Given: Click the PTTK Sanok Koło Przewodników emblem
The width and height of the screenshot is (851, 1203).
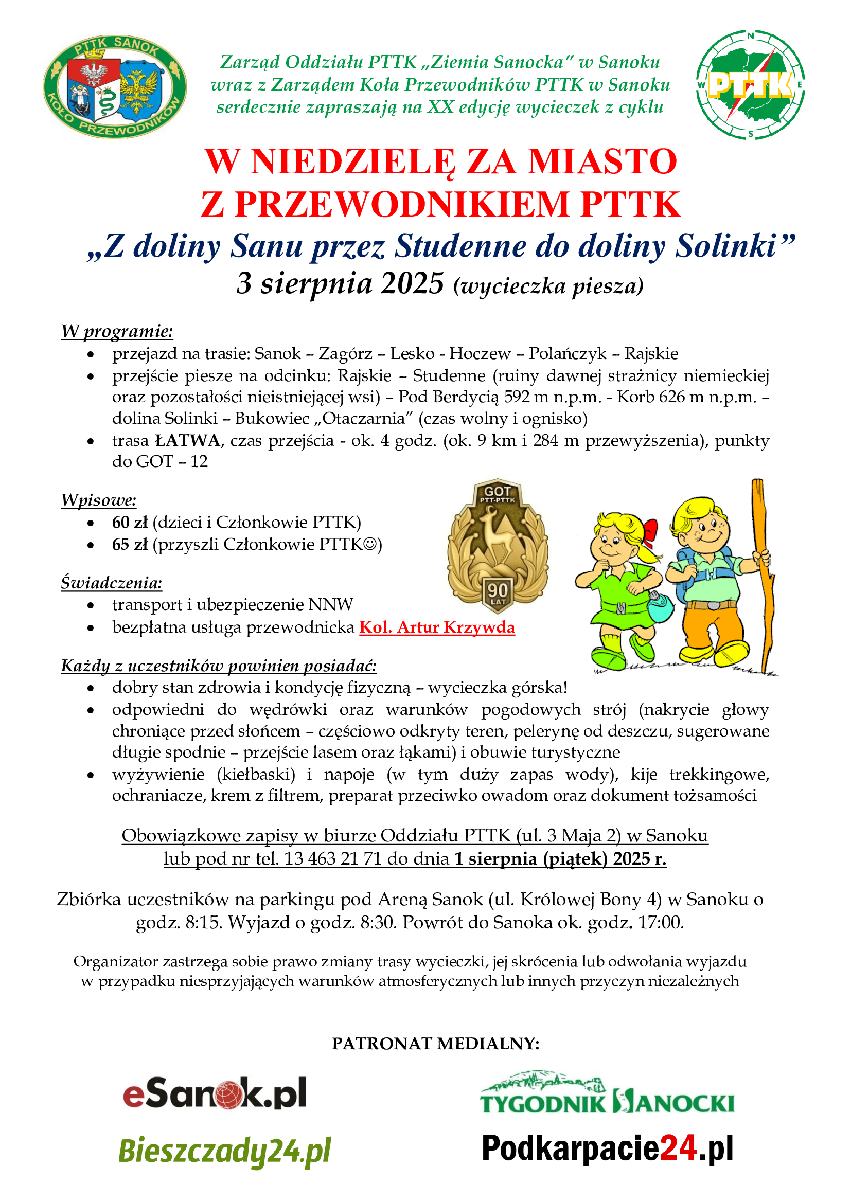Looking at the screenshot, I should [x=115, y=86].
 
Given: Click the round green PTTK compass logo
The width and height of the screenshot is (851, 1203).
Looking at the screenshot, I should [x=750, y=85].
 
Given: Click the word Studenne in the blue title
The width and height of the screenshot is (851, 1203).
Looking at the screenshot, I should [x=460, y=246].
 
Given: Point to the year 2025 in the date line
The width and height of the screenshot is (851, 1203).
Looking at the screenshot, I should [x=413, y=284].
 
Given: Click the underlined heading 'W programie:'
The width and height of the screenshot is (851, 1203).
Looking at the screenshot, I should [x=117, y=331].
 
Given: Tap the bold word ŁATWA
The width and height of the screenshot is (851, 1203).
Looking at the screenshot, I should [x=188, y=440].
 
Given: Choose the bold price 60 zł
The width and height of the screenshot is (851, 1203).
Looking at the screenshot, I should [x=130, y=522].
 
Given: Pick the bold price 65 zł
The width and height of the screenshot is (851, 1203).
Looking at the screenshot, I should [x=130, y=544].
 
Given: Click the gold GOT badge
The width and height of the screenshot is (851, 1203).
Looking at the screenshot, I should [x=498, y=545].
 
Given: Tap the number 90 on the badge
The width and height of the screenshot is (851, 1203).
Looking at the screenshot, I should [x=498, y=591].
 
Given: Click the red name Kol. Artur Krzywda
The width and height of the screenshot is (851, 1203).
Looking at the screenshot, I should [x=437, y=626].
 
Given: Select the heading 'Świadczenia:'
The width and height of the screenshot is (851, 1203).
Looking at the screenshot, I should [x=112, y=583].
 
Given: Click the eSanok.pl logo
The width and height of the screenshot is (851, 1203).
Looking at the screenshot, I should [x=215, y=1093].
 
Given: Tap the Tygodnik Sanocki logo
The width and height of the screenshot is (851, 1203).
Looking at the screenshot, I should [x=607, y=1093].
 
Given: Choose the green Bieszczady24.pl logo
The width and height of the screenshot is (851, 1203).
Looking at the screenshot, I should [x=225, y=1151].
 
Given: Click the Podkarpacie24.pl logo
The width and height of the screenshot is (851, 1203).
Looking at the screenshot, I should [x=607, y=1148].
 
